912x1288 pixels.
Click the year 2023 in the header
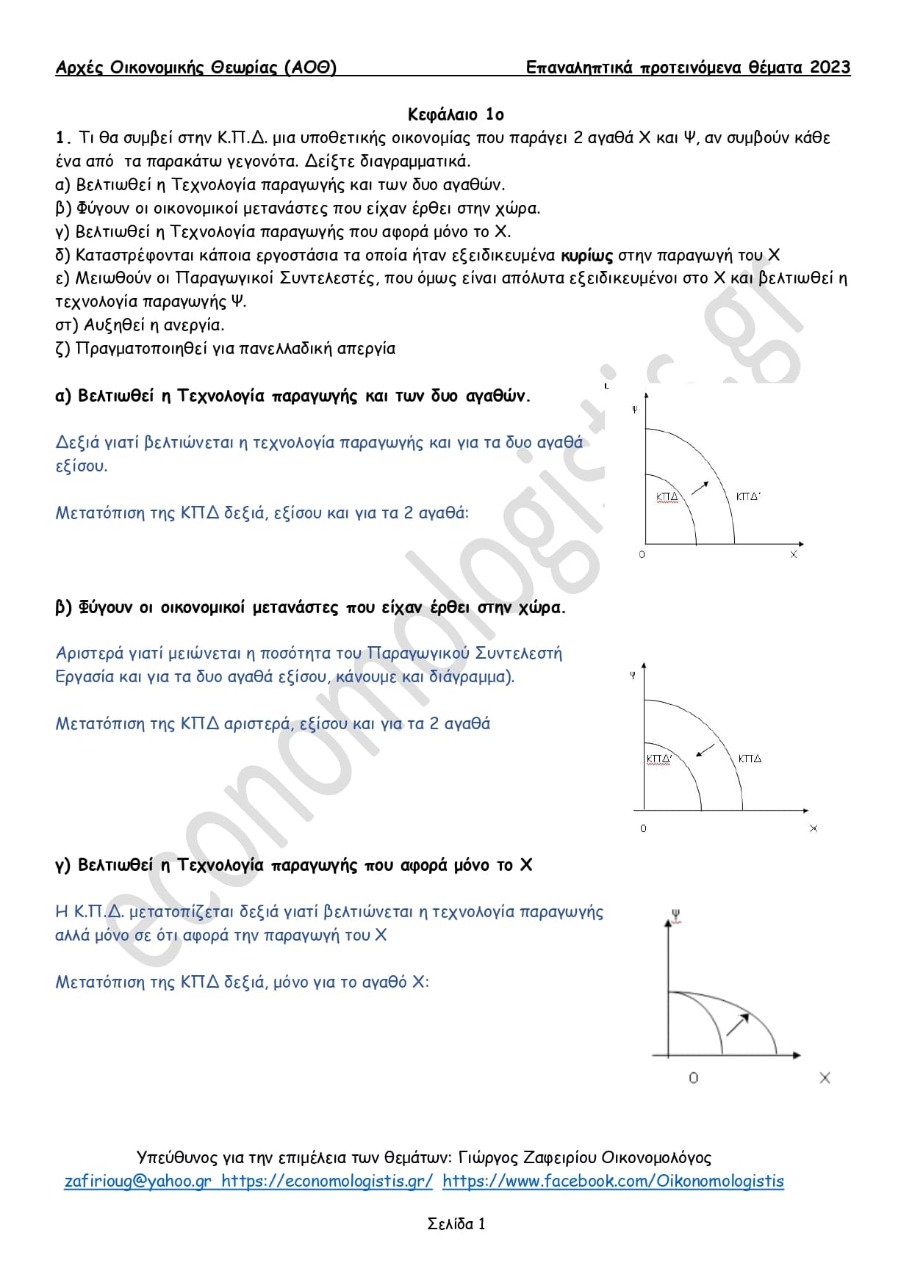coord(830,68)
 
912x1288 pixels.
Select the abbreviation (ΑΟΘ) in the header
coord(310,68)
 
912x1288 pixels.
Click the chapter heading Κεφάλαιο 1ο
coord(456,114)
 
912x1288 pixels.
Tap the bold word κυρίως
coord(586,256)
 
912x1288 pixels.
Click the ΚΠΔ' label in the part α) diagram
coord(748,497)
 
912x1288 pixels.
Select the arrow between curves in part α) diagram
coord(700,488)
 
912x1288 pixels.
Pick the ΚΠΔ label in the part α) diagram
coord(667,497)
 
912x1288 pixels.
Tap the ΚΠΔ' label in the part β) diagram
coord(659,759)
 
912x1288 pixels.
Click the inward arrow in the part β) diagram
coord(705,750)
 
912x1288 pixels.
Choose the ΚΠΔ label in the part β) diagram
coord(750,759)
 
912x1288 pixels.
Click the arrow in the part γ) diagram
coord(737,1024)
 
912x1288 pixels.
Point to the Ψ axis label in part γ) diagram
coord(675,915)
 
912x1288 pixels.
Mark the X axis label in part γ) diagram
coord(825,1078)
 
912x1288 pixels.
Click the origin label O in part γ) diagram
coord(693,1078)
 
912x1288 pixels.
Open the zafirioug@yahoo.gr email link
coord(138,1181)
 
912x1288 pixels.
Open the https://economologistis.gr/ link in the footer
coord(327,1181)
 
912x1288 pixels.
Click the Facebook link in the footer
coord(613,1181)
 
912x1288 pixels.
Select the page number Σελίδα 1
coord(456,1223)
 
